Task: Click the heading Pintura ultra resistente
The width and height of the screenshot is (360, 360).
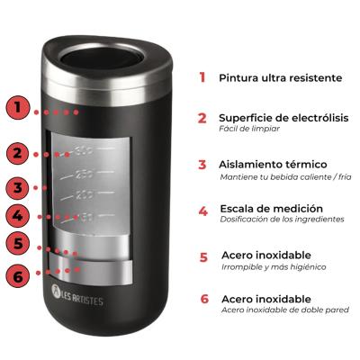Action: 280,77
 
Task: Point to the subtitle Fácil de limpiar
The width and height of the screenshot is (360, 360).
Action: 249,129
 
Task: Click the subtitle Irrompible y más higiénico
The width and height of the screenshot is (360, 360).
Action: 273,266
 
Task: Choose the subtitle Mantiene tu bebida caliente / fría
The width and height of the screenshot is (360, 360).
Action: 285,176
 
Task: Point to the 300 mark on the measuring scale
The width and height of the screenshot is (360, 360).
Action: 85,149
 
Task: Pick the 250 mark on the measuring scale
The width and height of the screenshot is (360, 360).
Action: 85,173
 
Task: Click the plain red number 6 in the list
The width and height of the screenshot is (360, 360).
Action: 204,299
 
